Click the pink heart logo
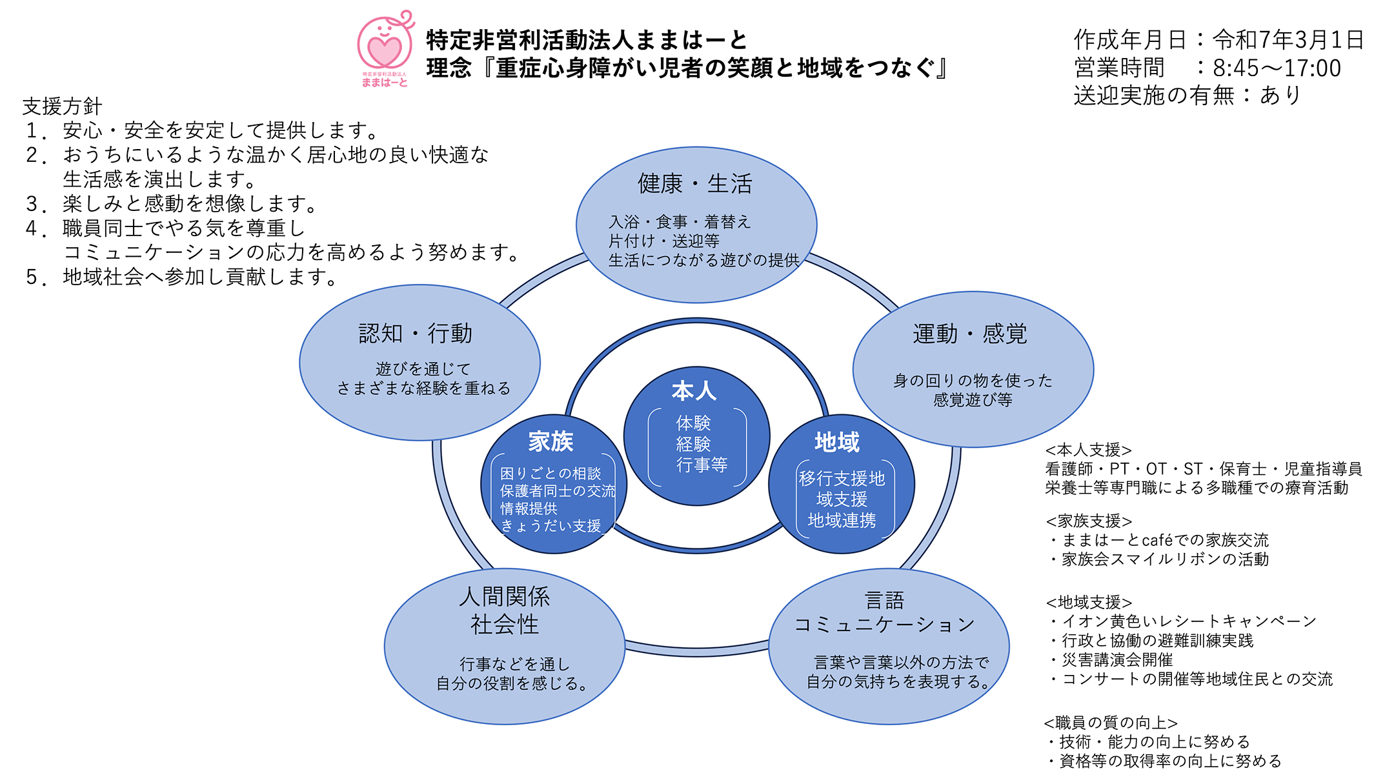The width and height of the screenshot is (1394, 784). click(x=385, y=49)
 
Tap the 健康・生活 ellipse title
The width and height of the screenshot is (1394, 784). click(x=694, y=184)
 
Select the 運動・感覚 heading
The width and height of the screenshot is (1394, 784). click(x=969, y=334)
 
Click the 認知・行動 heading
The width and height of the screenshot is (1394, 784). click(x=416, y=334)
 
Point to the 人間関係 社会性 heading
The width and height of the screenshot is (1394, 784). click(x=504, y=610)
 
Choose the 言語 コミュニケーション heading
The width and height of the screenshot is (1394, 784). click(x=884, y=612)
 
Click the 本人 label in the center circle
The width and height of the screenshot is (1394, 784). click(x=694, y=391)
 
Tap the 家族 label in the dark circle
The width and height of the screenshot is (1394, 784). click(x=551, y=442)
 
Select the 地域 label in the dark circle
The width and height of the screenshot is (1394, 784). click(x=837, y=443)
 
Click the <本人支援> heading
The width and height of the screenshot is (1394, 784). click(x=1088, y=450)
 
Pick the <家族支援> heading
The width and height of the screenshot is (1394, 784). click(x=1088, y=521)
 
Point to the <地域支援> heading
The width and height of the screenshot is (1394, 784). click(x=1088, y=602)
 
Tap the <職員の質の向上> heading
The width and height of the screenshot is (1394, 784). click(x=1110, y=723)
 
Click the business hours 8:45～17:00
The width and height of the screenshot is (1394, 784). click(x=1277, y=68)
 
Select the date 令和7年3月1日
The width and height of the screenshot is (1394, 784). click(x=1288, y=40)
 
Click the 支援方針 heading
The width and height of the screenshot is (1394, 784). click(x=62, y=106)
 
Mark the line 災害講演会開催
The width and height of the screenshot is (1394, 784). click(x=1116, y=660)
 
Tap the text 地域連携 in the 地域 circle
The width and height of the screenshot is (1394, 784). click(x=842, y=521)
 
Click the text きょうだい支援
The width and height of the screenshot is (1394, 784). click(x=551, y=526)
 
